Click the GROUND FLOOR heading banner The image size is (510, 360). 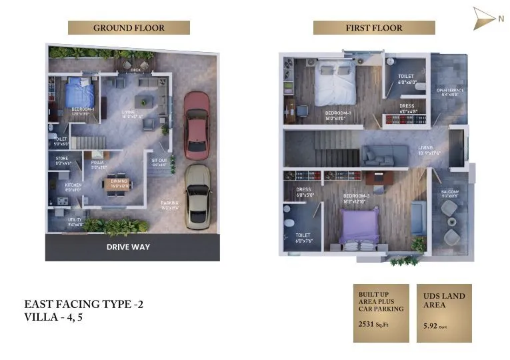129,28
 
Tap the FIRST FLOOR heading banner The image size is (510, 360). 374,28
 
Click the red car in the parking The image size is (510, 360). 197,125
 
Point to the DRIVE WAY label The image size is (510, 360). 129,247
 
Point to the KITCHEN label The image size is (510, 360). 73,185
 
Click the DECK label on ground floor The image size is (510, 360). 136,69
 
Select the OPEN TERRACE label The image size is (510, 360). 449,91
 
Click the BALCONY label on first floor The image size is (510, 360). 450,193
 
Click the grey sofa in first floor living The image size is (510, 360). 385,155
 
